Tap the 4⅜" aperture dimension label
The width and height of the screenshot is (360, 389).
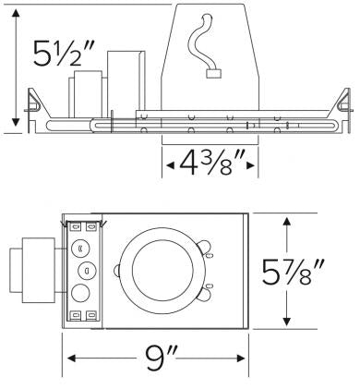(210, 166)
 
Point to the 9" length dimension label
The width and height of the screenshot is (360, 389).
(156, 356)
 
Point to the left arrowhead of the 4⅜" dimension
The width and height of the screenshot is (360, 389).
(168, 166)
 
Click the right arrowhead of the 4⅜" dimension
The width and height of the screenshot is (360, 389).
(253, 166)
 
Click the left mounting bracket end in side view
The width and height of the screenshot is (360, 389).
(34, 108)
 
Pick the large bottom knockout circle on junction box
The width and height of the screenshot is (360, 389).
(80, 295)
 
